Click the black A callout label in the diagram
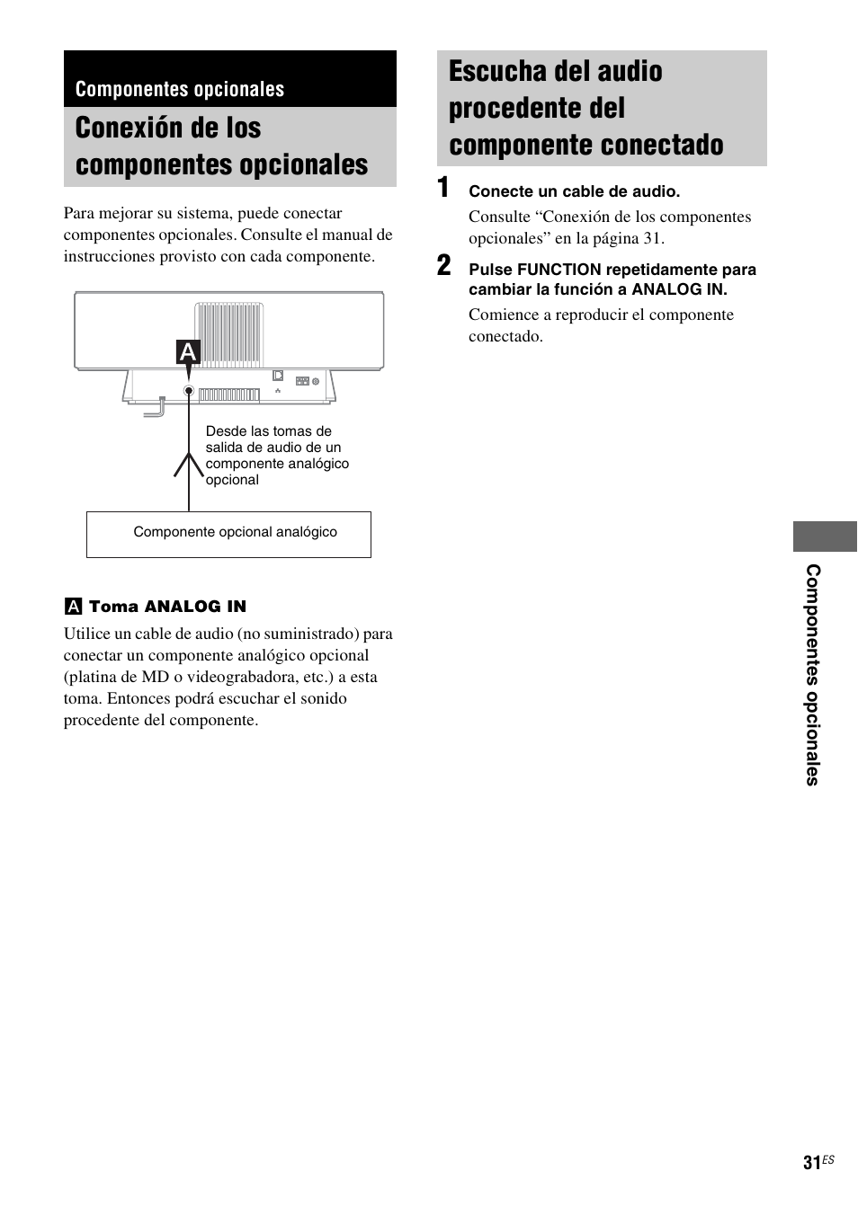click(x=188, y=352)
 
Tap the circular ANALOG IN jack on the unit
click(x=189, y=391)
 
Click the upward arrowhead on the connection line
click(x=189, y=463)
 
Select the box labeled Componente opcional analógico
click(x=228, y=534)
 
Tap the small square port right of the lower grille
click(x=278, y=375)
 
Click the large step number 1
click(x=443, y=188)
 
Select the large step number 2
click(x=444, y=266)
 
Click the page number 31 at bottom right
click(x=811, y=1163)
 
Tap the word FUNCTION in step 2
click(x=559, y=270)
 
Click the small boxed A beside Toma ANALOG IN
click(x=72, y=607)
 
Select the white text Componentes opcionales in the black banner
click(x=180, y=89)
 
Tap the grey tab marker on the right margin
click(x=825, y=536)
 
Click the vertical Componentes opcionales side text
click(x=813, y=675)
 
